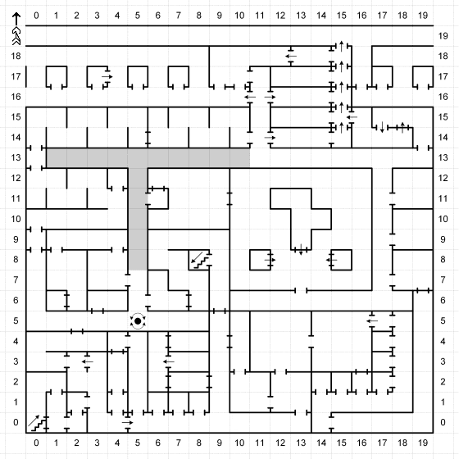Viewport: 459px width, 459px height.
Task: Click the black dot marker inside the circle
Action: click(138, 321)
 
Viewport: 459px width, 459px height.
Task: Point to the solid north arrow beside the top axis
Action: click(16, 19)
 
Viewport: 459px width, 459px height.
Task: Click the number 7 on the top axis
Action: click(179, 16)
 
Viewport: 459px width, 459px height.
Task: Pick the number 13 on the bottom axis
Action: click(301, 443)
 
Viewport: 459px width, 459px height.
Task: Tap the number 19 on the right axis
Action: click(443, 36)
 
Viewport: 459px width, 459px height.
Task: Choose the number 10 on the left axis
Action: click(16, 219)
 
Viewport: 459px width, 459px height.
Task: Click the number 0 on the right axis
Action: click(443, 422)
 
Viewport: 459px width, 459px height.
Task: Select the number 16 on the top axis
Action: click(361, 16)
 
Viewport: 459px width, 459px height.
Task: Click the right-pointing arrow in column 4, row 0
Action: click(127, 422)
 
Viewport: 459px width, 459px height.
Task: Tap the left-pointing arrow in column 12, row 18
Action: click(291, 57)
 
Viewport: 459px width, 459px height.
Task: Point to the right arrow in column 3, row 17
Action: click(107, 77)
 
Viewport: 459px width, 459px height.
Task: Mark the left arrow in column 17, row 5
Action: click(372, 320)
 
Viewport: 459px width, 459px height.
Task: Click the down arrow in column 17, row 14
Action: click(382, 127)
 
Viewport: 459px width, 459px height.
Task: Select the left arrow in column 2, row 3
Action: click(87, 361)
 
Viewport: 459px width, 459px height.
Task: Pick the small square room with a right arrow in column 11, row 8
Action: click(261, 260)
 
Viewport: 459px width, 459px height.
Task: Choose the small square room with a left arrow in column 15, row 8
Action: click(341, 260)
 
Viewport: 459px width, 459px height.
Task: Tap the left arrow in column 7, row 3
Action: click(169, 361)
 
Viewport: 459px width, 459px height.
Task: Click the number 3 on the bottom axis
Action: click(97, 443)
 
